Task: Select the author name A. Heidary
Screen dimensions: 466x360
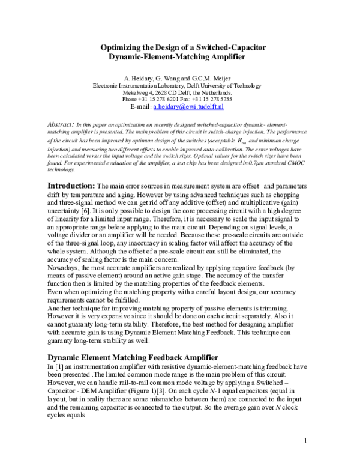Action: pyautogui.click(x=137, y=79)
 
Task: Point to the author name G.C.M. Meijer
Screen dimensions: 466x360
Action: pyautogui.click(x=213, y=79)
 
